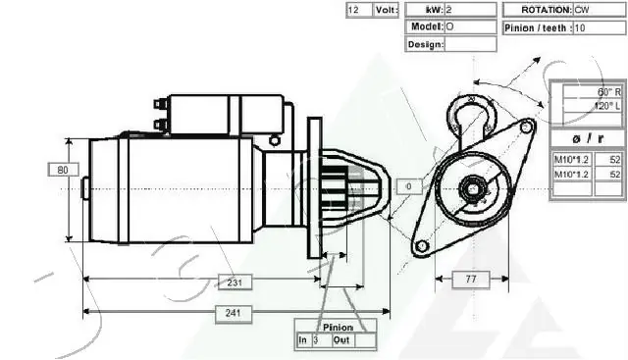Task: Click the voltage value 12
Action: coord(354,10)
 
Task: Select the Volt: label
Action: coord(386,10)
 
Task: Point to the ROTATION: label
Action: coord(537,10)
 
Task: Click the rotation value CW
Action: coord(583,10)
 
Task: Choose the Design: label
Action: coord(425,44)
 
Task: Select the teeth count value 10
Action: coord(580,27)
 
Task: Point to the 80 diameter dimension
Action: coord(62,170)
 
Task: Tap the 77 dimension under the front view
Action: coord(470,280)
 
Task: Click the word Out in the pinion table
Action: coord(341,340)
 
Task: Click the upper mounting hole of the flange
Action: coord(527,127)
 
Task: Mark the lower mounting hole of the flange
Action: coord(422,246)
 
